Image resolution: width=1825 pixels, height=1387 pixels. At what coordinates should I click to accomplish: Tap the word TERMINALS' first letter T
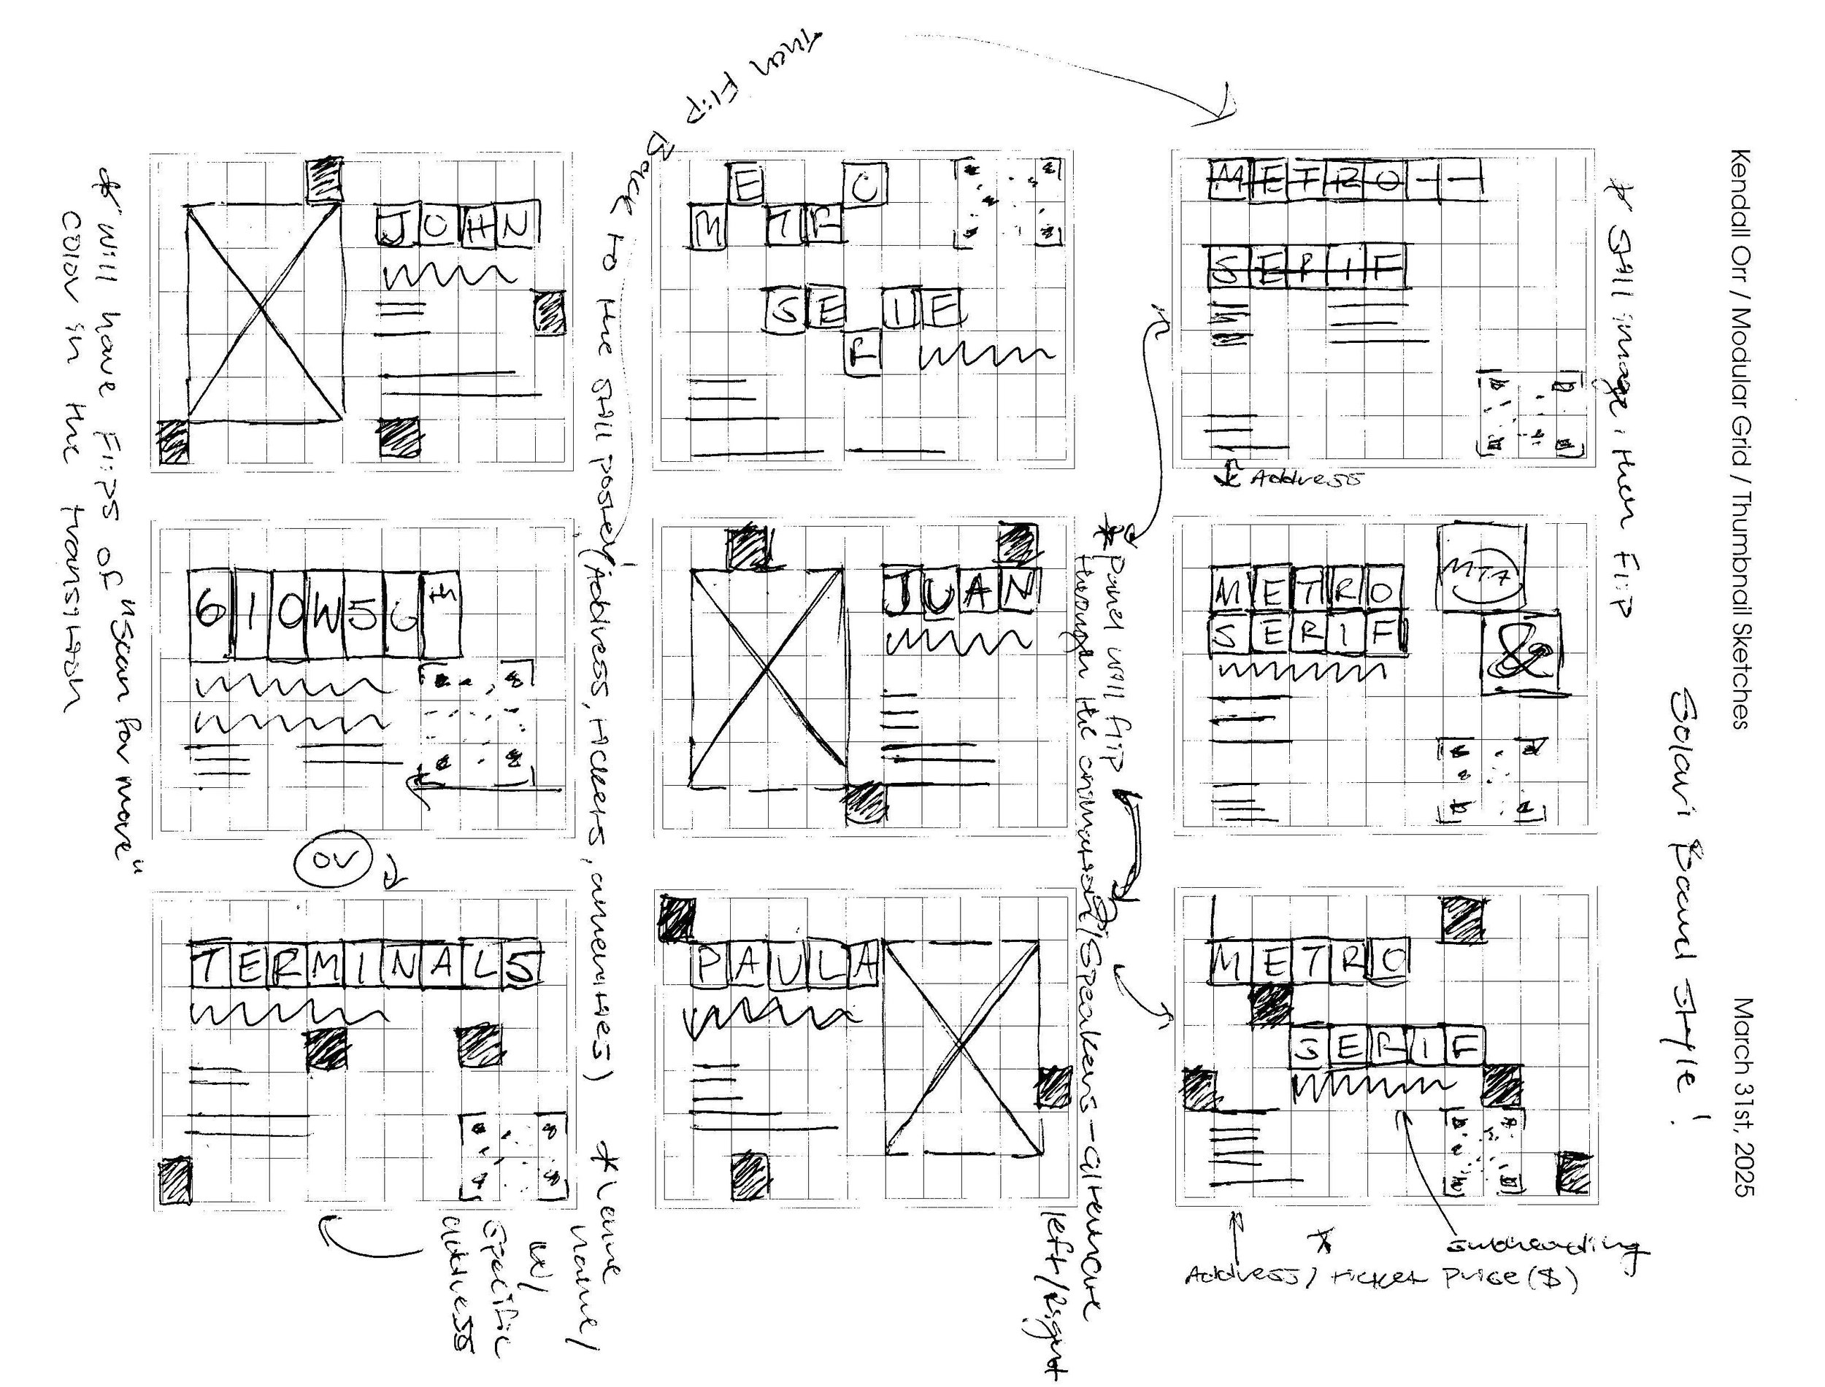(x=209, y=965)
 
